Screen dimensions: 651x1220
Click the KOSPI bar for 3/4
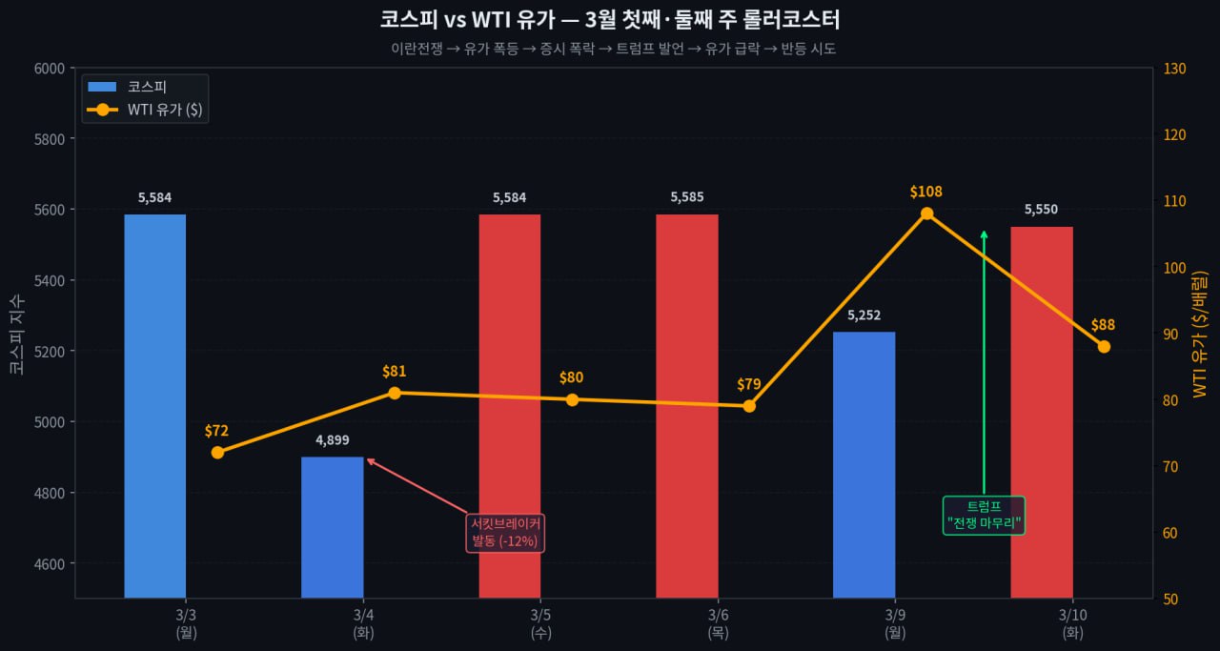point(333,527)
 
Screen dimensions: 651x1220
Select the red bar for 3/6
point(687,406)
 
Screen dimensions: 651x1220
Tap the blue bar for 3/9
point(864,464)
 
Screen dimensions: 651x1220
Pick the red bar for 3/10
point(1042,412)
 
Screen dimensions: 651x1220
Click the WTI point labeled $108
point(926,214)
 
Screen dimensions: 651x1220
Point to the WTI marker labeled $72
point(217,453)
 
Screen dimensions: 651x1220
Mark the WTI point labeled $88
point(1104,346)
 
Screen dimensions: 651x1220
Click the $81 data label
point(395,372)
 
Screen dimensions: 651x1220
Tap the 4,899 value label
point(333,440)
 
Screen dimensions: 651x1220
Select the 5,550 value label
point(1042,210)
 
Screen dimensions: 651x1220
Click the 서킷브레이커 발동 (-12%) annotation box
point(505,532)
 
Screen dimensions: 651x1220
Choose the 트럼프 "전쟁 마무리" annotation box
point(984,515)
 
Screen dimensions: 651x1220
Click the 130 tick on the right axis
point(1173,69)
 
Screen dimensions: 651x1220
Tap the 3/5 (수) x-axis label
point(540,622)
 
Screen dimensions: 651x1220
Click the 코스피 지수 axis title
point(17,334)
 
